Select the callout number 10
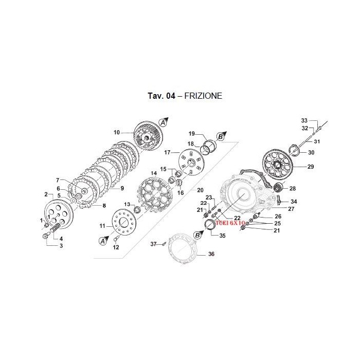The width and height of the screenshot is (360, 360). click(x=117, y=132)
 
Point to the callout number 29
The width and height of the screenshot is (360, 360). click(x=310, y=167)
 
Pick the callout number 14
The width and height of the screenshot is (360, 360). click(x=153, y=173)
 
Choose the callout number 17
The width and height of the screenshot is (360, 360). click(x=167, y=152)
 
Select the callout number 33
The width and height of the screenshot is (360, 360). click(x=304, y=120)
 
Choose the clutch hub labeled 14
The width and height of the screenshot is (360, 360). click(x=156, y=194)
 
